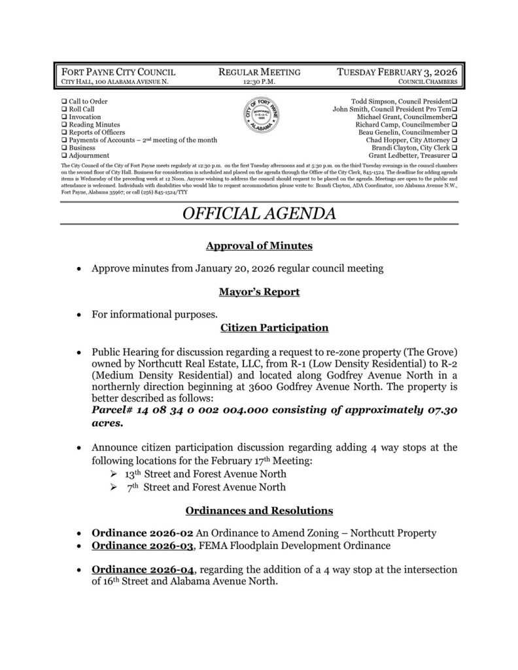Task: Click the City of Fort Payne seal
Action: (x=258, y=116)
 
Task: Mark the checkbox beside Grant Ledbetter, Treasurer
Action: (x=454, y=156)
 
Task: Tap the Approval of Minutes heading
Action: (x=258, y=246)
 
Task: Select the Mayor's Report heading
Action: (x=258, y=292)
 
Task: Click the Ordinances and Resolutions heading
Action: (x=258, y=510)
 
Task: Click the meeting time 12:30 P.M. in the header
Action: (x=258, y=83)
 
